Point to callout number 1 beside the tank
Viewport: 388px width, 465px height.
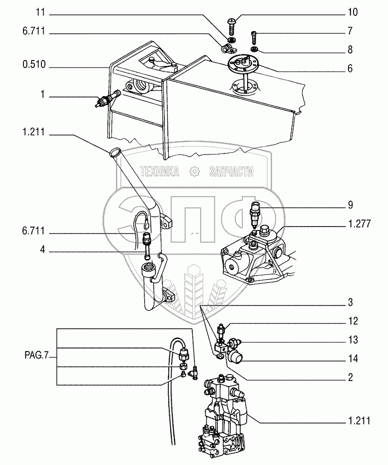point(42,94)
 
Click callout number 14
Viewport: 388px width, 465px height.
point(353,359)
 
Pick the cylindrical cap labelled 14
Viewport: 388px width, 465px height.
point(235,358)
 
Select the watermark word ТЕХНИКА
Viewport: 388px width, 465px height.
point(160,172)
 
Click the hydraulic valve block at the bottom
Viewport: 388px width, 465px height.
point(225,415)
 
